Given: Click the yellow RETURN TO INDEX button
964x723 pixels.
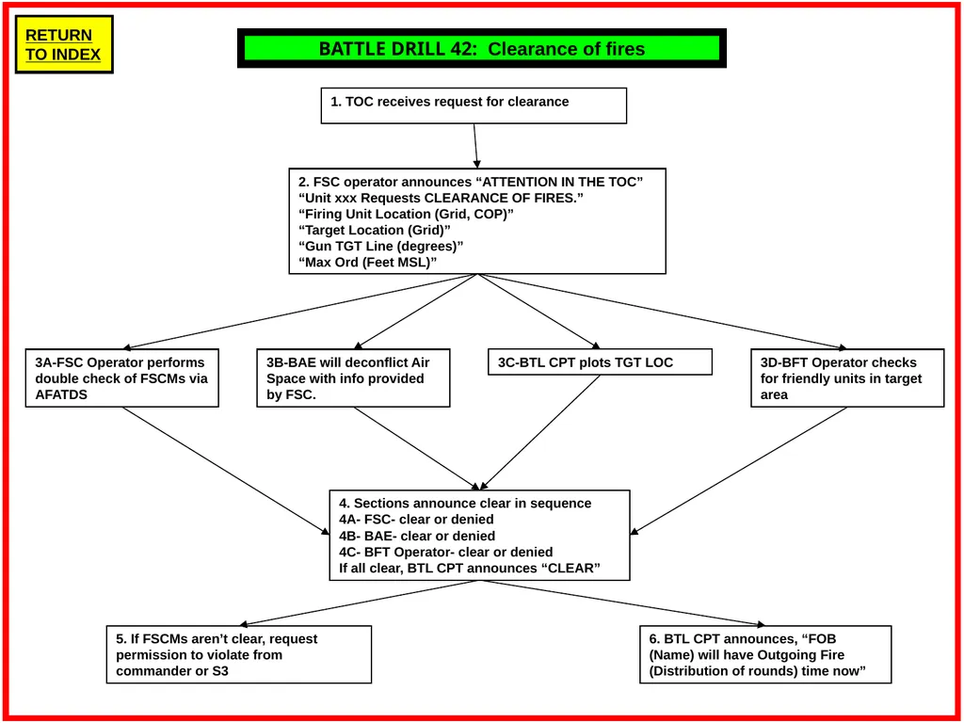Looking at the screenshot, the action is pyautogui.click(x=64, y=44).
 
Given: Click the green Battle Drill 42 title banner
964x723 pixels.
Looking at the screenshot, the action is pyautogui.click(x=482, y=48).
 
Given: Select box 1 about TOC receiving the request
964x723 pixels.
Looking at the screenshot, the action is pyautogui.click(x=474, y=105).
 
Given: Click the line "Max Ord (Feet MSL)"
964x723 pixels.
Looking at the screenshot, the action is pyautogui.click(x=367, y=262).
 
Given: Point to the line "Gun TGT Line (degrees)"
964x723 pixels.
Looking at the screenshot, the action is pyautogui.click(x=380, y=246).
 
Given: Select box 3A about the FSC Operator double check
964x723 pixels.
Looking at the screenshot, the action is pyautogui.click(x=122, y=378).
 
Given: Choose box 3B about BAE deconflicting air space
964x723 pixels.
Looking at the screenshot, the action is pyautogui.click(x=354, y=378).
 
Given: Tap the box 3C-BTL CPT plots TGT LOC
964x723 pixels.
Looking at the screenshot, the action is pyautogui.click(x=600, y=362).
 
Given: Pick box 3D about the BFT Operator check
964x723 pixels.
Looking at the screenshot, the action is pyautogui.click(x=848, y=378).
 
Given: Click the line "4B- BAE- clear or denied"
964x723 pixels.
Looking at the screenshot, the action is pyautogui.click(x=417, y=536).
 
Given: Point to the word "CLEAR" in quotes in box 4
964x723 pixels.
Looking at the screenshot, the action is pyautogui.click(x=570, y=568).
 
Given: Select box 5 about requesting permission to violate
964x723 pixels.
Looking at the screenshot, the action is pyautogui.click(x=239, y=655).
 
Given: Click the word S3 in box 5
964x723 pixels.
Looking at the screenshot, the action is pyautogui.click(x=219, y=670).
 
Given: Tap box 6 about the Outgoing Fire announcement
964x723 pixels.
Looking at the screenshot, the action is pyautogui.click(x=765, y=655).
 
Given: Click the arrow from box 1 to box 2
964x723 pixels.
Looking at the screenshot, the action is pyautogui.click(x=475, y=146).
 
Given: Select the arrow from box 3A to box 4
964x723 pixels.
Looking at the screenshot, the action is pyautogui.click(x=226, y=471).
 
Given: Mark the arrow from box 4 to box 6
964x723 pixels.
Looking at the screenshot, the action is pyautogui.click(x=622, y=603).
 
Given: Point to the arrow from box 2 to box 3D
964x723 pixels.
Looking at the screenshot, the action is pyautogui.click(x=663, y=312).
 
